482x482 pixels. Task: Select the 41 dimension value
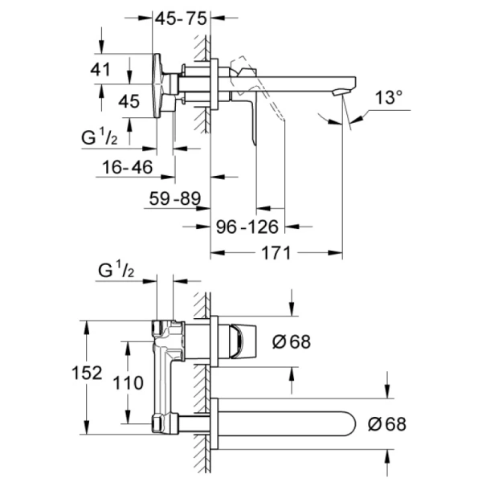coord(101,69)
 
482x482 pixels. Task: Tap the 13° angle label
coord(388,98)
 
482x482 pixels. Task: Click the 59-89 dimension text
coord(174,198)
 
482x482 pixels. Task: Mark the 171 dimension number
coord(275,254)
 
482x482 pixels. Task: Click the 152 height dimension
coord(88,374)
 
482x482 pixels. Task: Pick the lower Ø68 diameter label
coord(386,423)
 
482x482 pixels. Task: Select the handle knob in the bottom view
coord(242,341)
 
